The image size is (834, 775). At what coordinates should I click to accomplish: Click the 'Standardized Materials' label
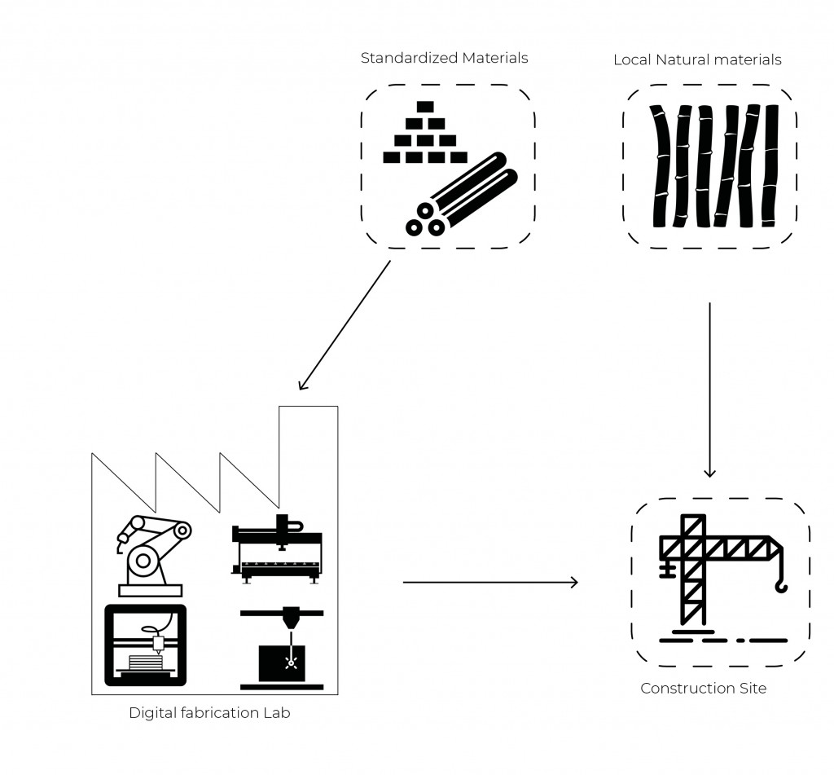(444, 58)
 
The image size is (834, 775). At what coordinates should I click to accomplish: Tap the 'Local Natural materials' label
(697, 59)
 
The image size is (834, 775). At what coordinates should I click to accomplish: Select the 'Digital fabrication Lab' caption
(209, 713)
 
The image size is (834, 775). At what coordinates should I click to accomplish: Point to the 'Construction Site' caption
(703, 689)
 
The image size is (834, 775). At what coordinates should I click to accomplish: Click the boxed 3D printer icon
(145, 645)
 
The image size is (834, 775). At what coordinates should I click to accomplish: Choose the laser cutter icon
(282, 648)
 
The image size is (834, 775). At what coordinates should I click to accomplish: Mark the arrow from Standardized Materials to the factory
(345, 325)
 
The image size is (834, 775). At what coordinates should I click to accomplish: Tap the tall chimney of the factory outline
(308, 440)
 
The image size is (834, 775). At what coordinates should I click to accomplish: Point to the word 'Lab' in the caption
(276, 713)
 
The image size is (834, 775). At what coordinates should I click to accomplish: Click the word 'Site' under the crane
(752, 689)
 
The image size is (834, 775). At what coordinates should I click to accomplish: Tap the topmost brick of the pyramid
(424, 106)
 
